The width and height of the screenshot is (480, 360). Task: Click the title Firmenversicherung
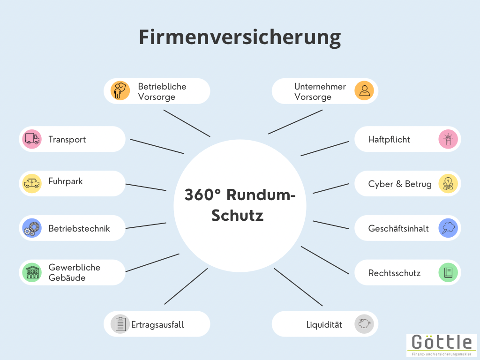[x=240, y=37]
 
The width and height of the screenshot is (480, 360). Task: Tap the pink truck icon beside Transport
[x=32, y=139]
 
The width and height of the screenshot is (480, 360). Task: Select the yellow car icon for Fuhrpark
[x=32, y=183]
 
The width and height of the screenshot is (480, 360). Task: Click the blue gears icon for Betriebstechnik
[x=32, y=228]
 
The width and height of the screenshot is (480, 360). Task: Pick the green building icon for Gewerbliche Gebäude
[x=32, y=272]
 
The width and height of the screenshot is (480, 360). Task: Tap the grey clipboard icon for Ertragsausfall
[x=120, y=324]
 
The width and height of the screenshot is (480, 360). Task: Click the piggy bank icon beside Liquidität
[x=364, y=324]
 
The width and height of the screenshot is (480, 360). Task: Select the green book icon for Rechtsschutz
[x=448, y=272]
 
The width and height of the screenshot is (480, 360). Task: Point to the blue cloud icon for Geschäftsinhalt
[x=448, y=228]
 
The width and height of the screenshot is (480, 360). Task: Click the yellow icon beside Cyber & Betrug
[x=448, y=184]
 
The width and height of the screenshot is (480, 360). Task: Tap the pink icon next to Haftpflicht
[x=448, y=139]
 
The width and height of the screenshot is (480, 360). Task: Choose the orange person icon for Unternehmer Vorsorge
[x=364, y=91]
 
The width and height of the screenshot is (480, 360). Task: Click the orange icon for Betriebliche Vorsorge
[x=120, y=91]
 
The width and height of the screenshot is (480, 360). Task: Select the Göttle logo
[x=442, y=345]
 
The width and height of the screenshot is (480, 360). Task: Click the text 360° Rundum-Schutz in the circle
[x=240, y=205]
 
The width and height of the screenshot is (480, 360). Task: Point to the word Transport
[x=67, y=139]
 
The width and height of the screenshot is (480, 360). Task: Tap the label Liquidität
[x=324, y=324]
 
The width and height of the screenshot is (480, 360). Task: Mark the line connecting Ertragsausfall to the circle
[x=186, y=286]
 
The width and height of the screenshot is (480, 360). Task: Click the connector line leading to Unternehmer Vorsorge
[x=295, y=122]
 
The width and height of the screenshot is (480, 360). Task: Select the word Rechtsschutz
[x=394, y=273]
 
